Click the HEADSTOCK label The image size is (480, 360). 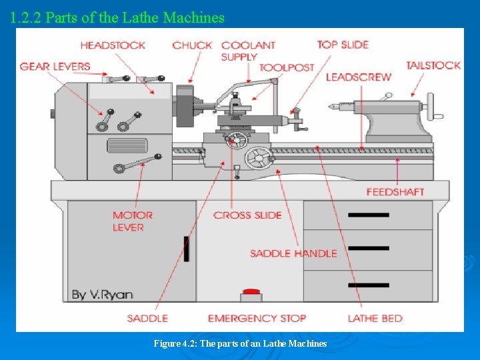(x=113, y=45)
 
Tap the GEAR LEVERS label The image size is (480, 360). (x=55, y=67)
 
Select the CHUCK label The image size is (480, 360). (x=192, y=45)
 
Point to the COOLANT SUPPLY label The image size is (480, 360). (x=248, y=51)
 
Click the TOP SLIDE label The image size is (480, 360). (x=343, y=45)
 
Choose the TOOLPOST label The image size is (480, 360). (x=286, y=67)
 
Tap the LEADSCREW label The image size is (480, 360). (x=358, y=77)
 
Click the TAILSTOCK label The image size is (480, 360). (x=433, y=65)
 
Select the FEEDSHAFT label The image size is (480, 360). (x=395, y=192)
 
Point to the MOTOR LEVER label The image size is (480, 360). (x=133, y=221)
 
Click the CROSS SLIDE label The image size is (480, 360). (x=247, y=215)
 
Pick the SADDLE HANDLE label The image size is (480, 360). (x=293, y=253)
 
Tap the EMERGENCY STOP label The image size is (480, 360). (x=257, y=319)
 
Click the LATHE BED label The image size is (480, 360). (x=375, y=319)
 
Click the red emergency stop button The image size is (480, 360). (x=251, y=292)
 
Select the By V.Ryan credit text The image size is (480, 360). (x=102, y=294)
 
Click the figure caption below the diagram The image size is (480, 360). (x=240, y=343)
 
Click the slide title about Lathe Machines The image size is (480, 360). (x=118, y=18)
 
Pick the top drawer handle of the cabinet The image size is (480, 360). (x=368, y=215)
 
